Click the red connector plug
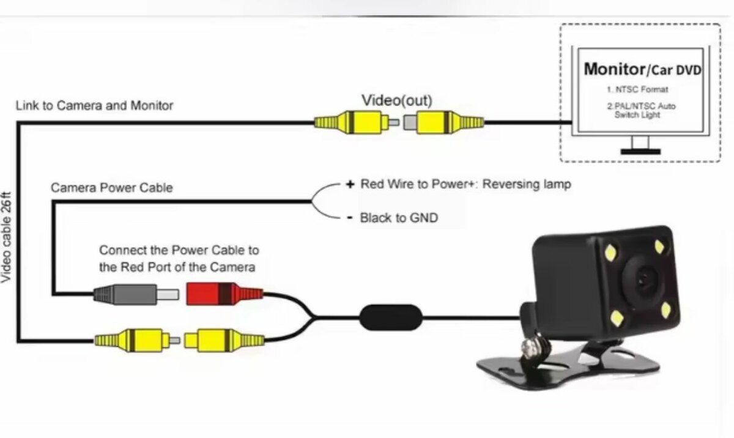(223, 293)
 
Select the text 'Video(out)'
(396, 100)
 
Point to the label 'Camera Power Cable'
(111, 188)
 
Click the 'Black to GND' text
(399, 218)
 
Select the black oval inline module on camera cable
(390, 317)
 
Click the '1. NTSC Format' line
(642, 89)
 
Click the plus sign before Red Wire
(350, 184)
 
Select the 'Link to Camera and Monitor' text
(94, 106)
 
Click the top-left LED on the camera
(611, 251)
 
